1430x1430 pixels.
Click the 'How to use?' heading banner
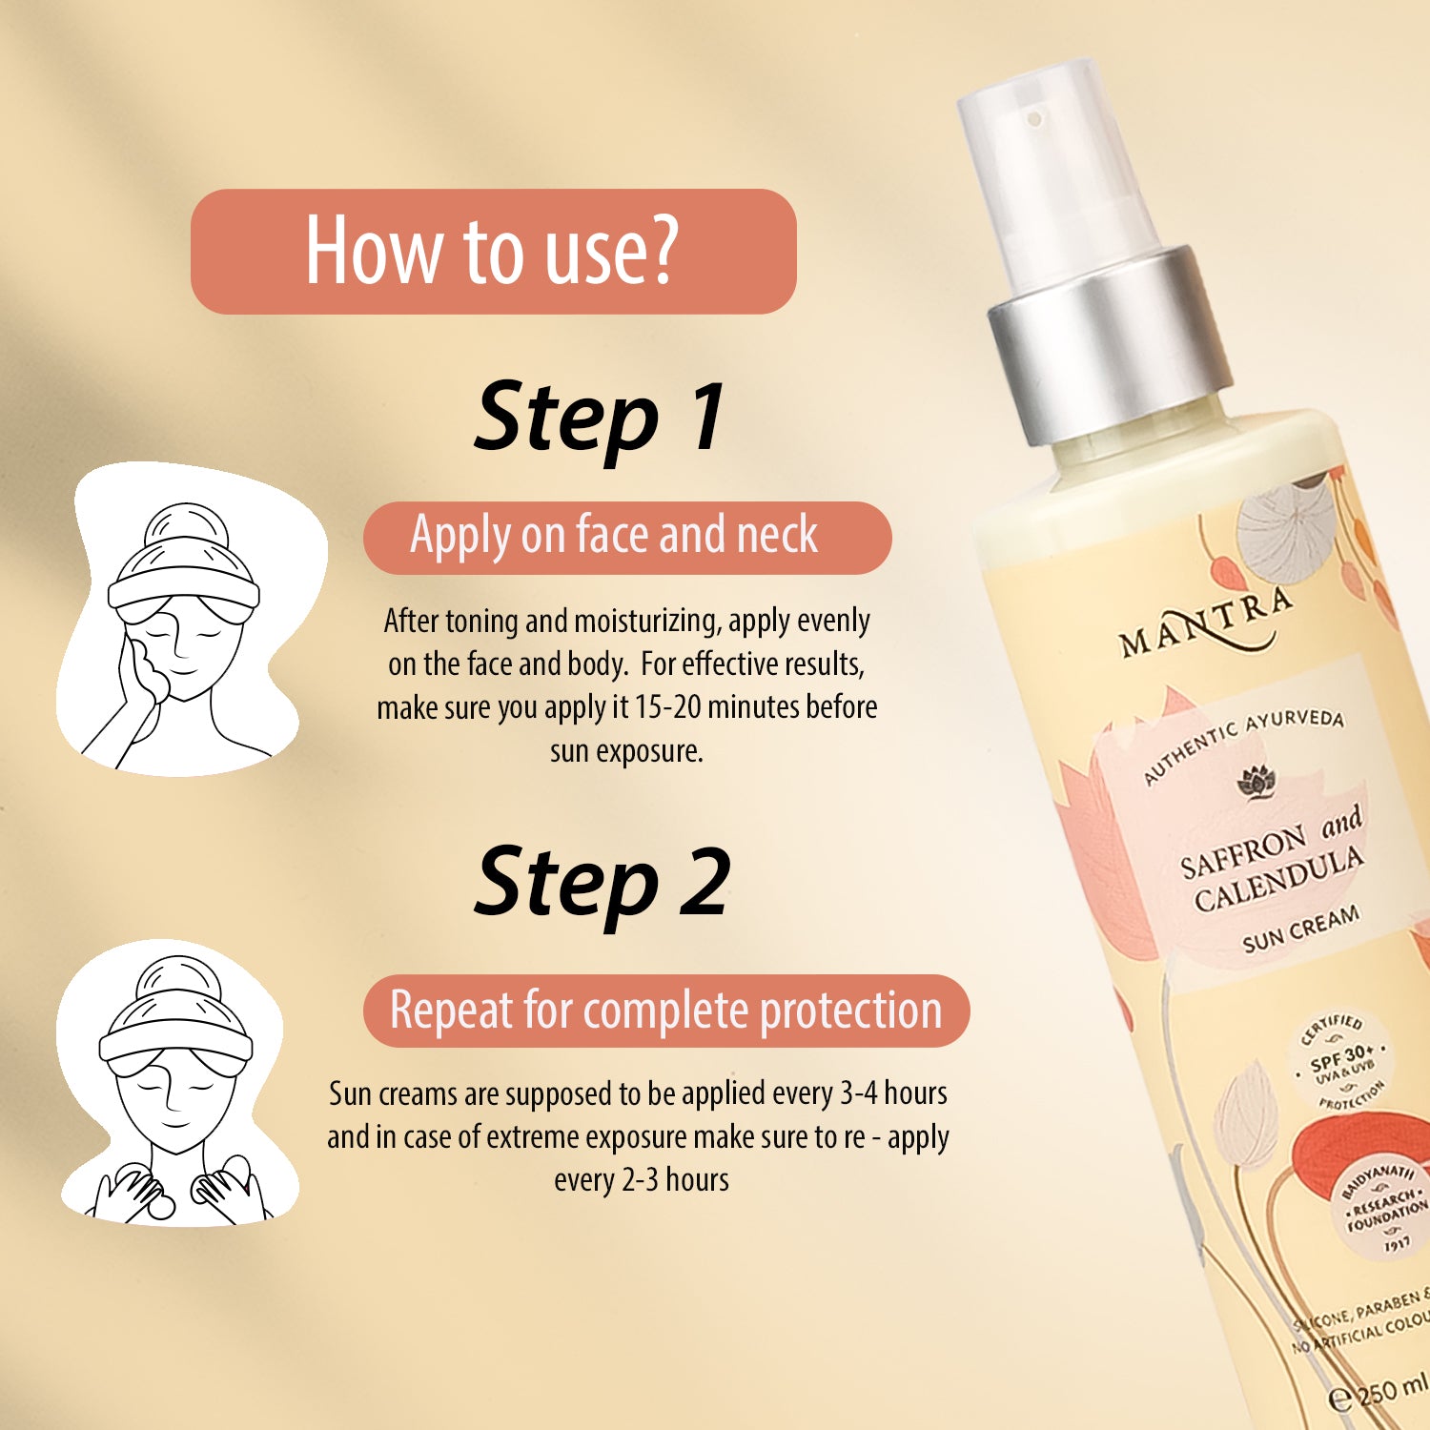click(x=493, y=252)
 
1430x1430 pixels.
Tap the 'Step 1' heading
click(x=600, y=418)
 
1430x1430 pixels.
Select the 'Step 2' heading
click(x=602, y=883)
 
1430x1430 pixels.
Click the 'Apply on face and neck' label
click(x=615, y=536)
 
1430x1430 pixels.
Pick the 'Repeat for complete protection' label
click(x=665, y=1011)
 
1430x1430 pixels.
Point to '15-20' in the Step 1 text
click(x=668, y=707)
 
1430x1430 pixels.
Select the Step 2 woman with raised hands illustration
click(x=176, y=1087)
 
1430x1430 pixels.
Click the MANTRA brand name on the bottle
click(x=1206, y=623)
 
